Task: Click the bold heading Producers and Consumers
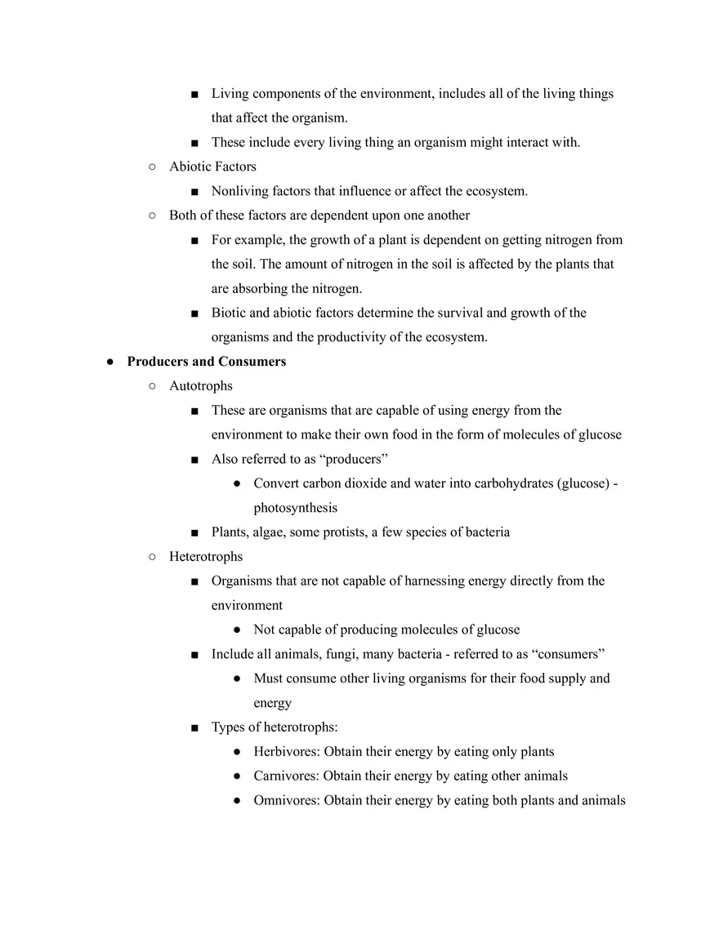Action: pos(206,362)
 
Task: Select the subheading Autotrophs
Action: pos(200,386)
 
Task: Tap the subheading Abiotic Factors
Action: pos(212,167)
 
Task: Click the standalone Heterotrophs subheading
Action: pos(206,557)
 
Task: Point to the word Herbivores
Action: pos(286,752)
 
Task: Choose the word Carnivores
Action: pos(286,776)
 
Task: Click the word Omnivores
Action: pos(286,801)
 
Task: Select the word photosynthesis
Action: pos(295,508)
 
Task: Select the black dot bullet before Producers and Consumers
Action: pos(109,363)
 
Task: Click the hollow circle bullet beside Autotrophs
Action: pos(152,386)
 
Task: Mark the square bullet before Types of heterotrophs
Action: pos(194,728)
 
